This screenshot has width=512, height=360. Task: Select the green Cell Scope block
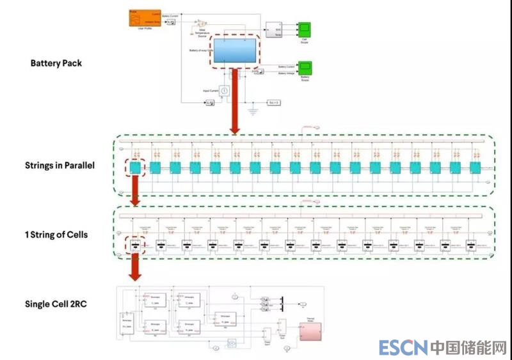pos(305,29)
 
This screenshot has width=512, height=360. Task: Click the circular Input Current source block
pos(224,91)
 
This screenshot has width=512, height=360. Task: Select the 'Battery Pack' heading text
pos(56,63)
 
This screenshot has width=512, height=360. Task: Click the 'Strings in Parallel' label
pos(60,166)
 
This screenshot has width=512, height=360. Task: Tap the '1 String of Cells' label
pos(56,235)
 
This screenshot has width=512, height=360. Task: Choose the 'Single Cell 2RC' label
pos(56,304)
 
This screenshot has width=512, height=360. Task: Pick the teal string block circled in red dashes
pos(135,168)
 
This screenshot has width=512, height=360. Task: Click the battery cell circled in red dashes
pos(135,244)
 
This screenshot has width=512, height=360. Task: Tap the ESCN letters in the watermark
pos(403,348)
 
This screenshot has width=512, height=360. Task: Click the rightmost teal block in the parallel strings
pos(475,168)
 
